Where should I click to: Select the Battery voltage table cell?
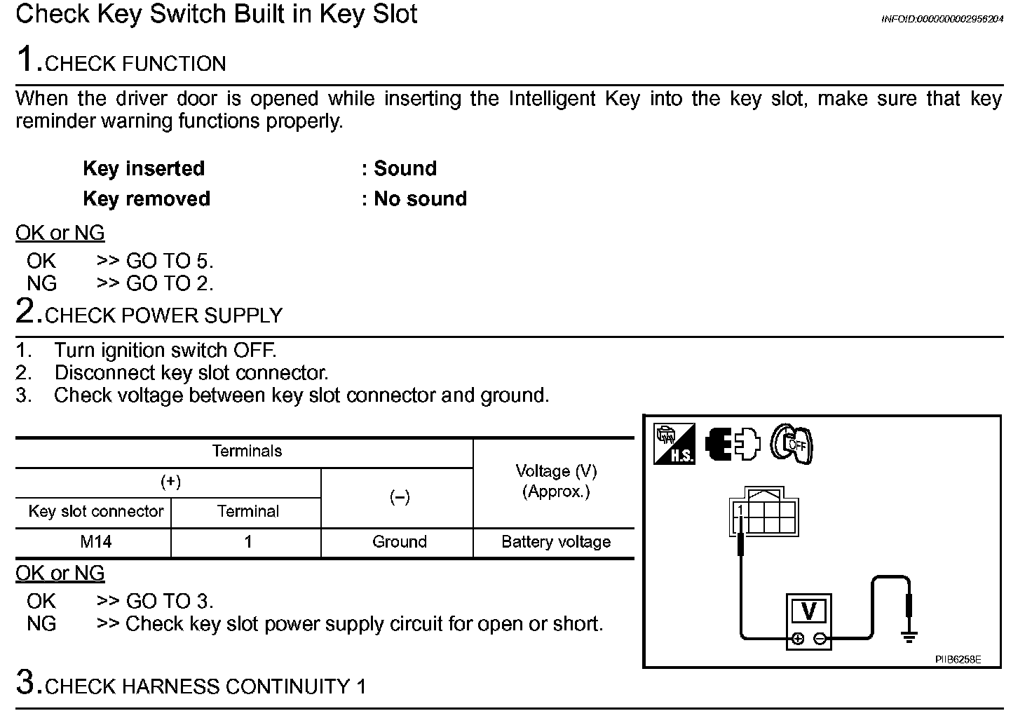[555, 542]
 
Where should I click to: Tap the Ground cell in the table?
[399, 542]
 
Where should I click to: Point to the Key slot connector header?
[95, 511]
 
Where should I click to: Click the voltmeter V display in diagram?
[808, 611]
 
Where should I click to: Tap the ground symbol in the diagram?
[909, 637]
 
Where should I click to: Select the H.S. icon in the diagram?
[674, 444]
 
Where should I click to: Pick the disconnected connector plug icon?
[733, 444]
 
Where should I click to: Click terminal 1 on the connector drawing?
[740, 510]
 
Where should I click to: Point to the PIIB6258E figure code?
[958, 660]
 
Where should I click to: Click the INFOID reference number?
[942, 19]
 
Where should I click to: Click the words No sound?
[420, 199]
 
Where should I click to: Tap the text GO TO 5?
[169, 262]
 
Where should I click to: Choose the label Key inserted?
[144, 169]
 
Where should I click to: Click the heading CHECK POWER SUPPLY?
[163, 316]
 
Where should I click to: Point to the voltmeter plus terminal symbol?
[798, 639]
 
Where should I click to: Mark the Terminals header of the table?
[247, 452]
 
